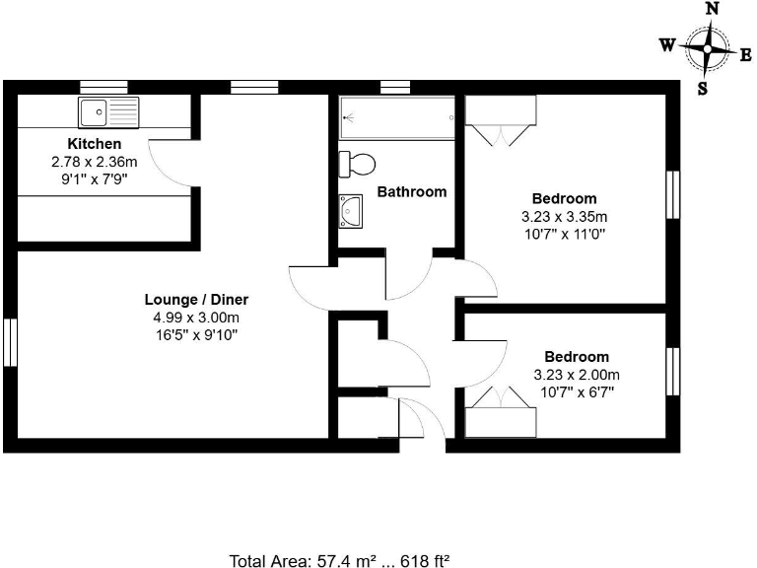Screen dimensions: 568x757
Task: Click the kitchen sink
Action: [x=109, y=112]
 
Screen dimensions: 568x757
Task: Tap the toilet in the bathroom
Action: [x=357, y=162]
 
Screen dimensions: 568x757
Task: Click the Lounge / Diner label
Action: [x=196, y=300]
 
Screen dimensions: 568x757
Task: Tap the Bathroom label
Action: [x=411, y=192]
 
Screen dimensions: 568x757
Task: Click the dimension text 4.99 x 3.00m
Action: [x=196, y=318]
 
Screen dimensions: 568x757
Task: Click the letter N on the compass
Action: [x=712, y=8]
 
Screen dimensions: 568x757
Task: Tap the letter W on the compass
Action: [x=667, y=44]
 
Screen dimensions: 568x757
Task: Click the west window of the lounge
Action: [x=9, y=342]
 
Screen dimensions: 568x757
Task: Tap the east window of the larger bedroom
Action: [x=673, y=194]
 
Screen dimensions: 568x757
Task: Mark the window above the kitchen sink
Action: [x=103, y=87]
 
